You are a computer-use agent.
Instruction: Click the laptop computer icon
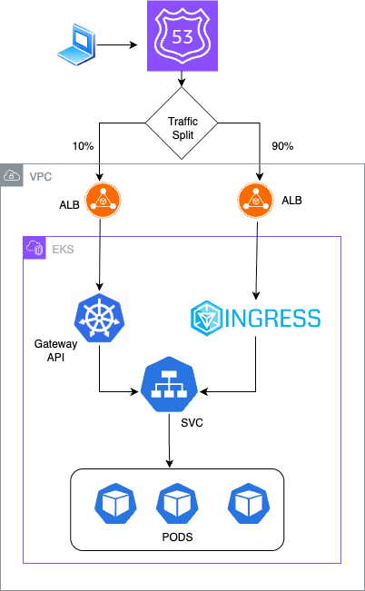coord(78,44)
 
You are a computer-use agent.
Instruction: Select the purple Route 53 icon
coord(182,36)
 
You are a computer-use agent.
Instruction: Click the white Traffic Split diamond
coord(182,123)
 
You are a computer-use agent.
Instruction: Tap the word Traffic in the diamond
coord(182,117)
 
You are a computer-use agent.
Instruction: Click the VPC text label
coord(41,176)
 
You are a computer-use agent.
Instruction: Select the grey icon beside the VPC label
coord(12,175)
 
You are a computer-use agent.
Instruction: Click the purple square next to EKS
coord(35,248)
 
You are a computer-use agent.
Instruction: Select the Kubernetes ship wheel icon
coord(99,318)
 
